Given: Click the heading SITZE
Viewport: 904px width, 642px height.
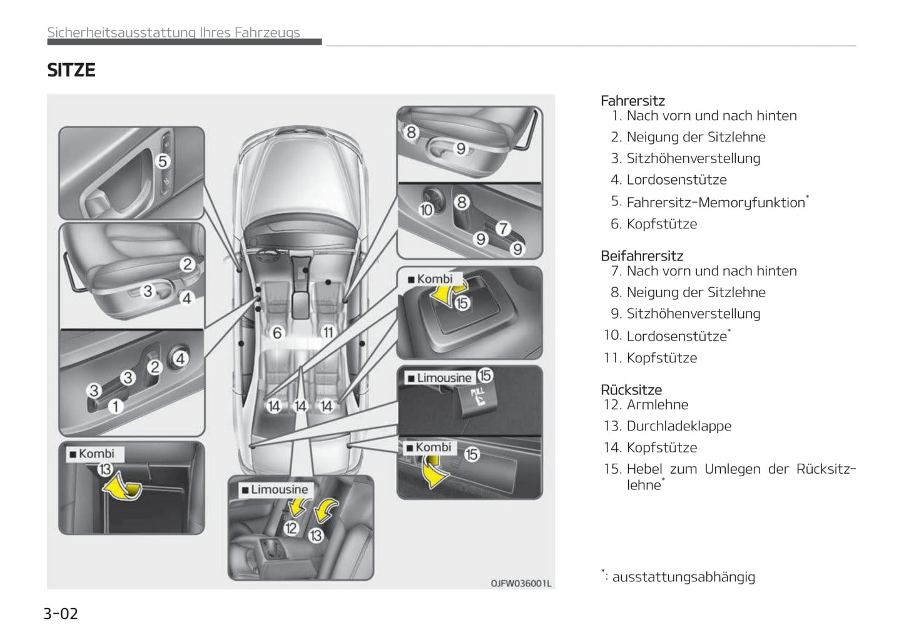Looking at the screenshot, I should pyautogui.click(x=71, y=70).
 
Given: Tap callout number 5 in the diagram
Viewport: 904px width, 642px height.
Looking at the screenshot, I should pyautogui.click(x=163, y=161).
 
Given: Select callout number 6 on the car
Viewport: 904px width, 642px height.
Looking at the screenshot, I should pyautogui.click(x=277, y=333).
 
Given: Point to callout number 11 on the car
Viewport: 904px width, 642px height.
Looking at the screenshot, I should pyautogui.click(x=327, y=333).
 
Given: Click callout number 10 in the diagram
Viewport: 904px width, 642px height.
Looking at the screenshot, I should pyautogui.click(x=426, y=210).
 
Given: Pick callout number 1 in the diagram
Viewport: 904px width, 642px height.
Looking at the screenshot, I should pyautogui.click(x=116, y=407).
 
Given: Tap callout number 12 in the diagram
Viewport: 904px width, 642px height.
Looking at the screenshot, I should pyautogui.click(x=291, y=528).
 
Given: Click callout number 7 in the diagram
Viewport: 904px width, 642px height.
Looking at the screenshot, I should pyautogui.click(x=504, y=228).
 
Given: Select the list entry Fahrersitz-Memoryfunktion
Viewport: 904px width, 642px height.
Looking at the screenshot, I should pyautogui.click(x=716, y=203).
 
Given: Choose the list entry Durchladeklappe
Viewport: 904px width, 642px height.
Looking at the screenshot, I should pyautogui.click(x=679, y=426).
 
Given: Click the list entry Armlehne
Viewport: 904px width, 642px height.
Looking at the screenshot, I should pyautogui.click(x=657, y=405).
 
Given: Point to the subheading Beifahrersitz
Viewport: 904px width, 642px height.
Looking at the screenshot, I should pyautogui.click(x=642, y=256).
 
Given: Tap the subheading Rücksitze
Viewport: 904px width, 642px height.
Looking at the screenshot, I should pyautogui.click(x=631, y=390).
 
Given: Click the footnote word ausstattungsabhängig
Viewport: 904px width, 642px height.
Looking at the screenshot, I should pyautogui.click(x=683, y=577).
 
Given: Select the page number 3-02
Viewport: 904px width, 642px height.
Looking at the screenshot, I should pyautogui.click(x=61, y=613).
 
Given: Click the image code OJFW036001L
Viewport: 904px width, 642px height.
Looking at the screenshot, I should pyautogui.click(x=521, y=584).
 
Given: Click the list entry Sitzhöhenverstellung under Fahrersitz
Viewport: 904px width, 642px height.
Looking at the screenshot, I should pyautogui.click(x=693, y=158).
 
